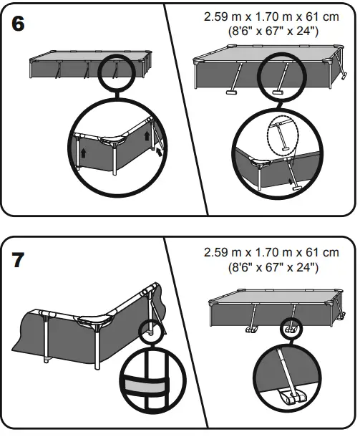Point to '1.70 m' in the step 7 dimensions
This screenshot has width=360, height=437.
coord(271,253)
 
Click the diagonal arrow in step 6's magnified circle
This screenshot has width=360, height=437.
coord(158,151)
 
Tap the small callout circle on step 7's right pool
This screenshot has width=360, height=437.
coord(291,329)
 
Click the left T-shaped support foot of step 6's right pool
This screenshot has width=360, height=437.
coord(231,92)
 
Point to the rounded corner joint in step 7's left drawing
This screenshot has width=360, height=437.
coord(109,320)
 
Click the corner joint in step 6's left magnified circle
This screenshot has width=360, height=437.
coord(114,141)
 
